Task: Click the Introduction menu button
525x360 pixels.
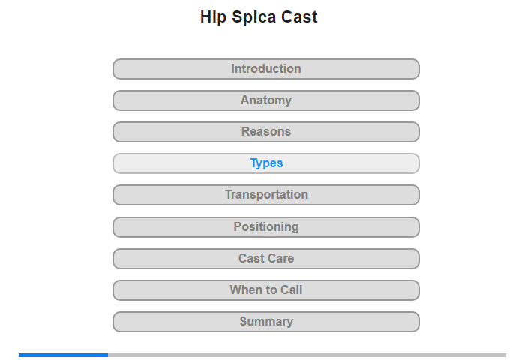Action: tap(266, 69)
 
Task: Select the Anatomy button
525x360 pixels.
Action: tap(266, 100)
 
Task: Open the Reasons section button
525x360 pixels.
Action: tap(266, 132)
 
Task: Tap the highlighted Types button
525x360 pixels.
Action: tap(266, 163)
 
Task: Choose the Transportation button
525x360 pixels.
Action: tap(266, 195)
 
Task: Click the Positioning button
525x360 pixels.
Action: tap(266, 227)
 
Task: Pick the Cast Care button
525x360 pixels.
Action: tap(266, 259)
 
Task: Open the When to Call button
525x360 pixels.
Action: tap(266, 290)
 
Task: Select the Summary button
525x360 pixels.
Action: tap(266, 322)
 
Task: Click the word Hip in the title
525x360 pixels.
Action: tap(213, 17)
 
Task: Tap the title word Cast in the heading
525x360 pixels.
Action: tap(299, 16)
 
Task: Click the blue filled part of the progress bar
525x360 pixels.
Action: tap(63, 355)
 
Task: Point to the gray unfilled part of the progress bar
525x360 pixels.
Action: tap(307, 355)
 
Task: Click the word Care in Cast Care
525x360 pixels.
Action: tap(281, 258)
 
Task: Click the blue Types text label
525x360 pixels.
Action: tap(267, 163)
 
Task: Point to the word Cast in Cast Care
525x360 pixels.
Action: tap(251, 258)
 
